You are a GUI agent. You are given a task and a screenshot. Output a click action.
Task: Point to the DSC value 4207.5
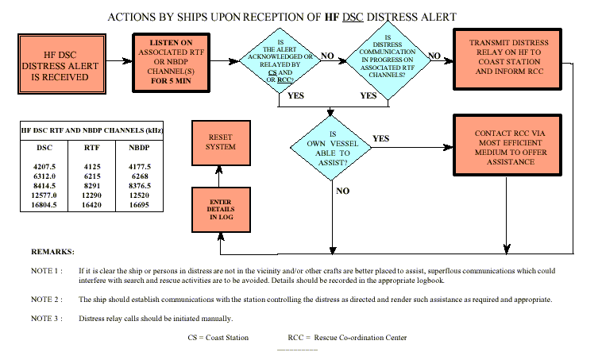point(45,166)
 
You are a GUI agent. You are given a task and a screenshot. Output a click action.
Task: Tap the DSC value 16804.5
point(45,204)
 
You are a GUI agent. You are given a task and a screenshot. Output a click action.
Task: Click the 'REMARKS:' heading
point(52,251)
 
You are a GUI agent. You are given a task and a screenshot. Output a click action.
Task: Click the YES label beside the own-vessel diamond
point(381,138)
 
